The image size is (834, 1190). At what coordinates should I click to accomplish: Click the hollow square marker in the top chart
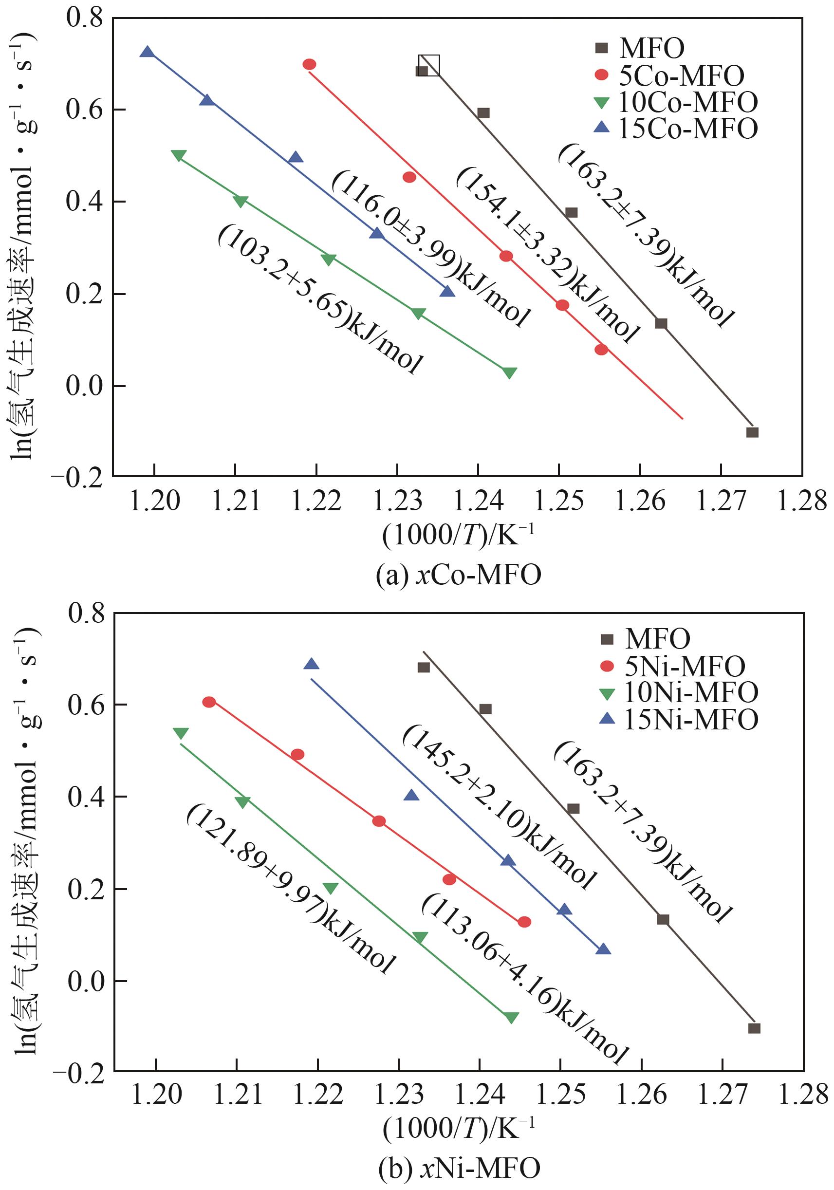pos(429,65)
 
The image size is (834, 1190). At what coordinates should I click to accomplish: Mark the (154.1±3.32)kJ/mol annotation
pos(547,256)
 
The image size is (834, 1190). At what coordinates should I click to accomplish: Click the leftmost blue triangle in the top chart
pos(147,52)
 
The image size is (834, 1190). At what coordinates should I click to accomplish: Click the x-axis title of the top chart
pos(458,535)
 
